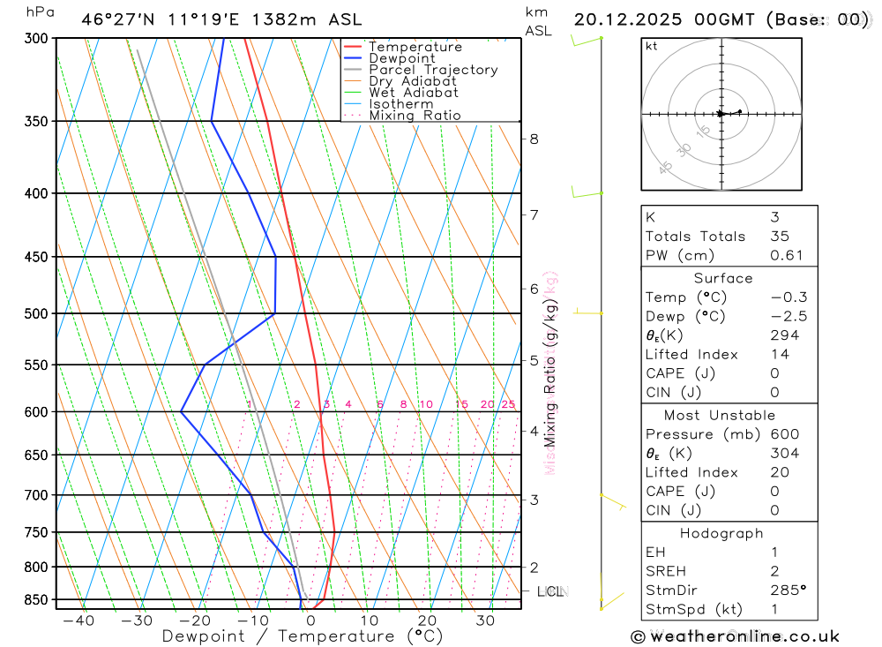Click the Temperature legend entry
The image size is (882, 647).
[x=415, y=47]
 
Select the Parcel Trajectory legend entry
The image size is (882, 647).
[x=433, y=70]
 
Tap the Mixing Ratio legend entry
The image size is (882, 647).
[x=415, y=116]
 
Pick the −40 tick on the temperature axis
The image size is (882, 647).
[x=78, y=621]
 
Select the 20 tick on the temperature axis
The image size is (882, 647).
[x=427, y=621]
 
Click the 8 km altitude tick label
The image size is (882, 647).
[x=534, y=139]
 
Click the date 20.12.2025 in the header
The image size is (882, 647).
[x=629, y=19]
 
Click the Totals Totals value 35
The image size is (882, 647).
[x=779, y=237]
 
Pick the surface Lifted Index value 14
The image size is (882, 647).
[x=779, y=355]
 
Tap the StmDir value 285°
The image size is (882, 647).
[x=787, y=591]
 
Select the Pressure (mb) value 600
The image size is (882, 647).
[x=784, y=434]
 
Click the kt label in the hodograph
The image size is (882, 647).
[x=652, y=47]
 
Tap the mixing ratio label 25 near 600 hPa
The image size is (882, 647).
[x=508, y=404]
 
